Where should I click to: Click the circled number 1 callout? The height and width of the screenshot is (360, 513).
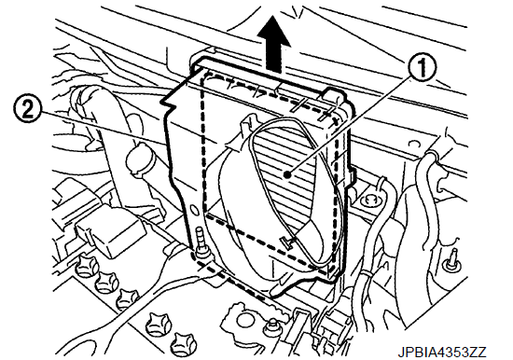pos(422,67)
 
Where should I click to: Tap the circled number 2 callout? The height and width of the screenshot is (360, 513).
pos(28,111)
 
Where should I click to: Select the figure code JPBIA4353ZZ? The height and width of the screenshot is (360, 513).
pos(442,353)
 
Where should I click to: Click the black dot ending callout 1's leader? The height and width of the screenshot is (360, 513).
pos(287,175)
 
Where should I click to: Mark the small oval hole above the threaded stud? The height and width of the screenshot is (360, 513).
pos(193,210)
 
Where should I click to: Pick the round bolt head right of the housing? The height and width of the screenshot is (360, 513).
pos(369,199)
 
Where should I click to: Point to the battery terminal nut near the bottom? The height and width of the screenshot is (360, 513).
pos(270,326)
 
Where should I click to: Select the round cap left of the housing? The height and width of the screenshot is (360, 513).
pos(140,158)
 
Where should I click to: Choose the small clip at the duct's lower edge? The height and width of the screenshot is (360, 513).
pos(287,242)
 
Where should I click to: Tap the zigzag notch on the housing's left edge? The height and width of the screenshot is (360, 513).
pos(169,102)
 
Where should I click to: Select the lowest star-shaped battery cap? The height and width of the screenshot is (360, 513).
pos(184,342)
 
